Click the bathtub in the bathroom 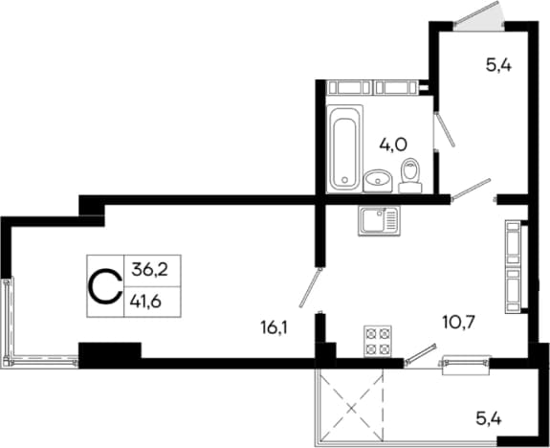[344, 149]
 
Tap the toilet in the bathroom [410, 175]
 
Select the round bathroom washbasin [378, 181]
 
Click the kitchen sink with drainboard [379, 221]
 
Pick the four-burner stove [378, 341]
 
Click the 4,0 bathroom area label [393, 145]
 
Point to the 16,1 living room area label [274, 328]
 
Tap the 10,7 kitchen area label [458, 322]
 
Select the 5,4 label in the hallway [498, 65]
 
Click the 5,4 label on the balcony [489, 418]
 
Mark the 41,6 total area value [145, 302]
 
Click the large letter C [105, 286]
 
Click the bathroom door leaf [445, 129]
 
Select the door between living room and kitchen [310, 288]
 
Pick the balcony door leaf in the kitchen [420, 353]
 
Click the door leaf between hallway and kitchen [471, 189]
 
